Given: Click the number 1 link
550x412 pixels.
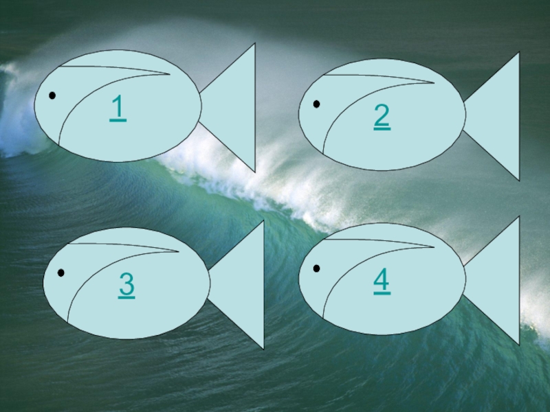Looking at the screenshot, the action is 118,108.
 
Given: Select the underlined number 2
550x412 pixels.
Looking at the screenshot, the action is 382,117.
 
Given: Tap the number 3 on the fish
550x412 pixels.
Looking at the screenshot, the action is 126,286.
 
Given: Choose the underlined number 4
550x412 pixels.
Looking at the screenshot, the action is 382,281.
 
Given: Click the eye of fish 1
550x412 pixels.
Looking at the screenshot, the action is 52,95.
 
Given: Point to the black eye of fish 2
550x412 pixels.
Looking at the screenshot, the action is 316,104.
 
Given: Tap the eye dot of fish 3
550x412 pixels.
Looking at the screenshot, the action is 61,273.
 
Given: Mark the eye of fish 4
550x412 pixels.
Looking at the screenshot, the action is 316,268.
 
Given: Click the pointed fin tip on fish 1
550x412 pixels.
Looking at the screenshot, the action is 170,74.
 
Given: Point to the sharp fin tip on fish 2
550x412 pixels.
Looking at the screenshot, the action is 434,83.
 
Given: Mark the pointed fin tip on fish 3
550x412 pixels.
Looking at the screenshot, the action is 179,251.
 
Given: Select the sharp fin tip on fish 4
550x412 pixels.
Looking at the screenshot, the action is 434,247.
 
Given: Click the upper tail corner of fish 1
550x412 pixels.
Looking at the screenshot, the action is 255,43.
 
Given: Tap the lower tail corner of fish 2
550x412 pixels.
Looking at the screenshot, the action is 519,181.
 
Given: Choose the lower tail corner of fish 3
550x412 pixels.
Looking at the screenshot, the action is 264,350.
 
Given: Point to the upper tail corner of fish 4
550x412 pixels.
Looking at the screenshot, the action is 519,216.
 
